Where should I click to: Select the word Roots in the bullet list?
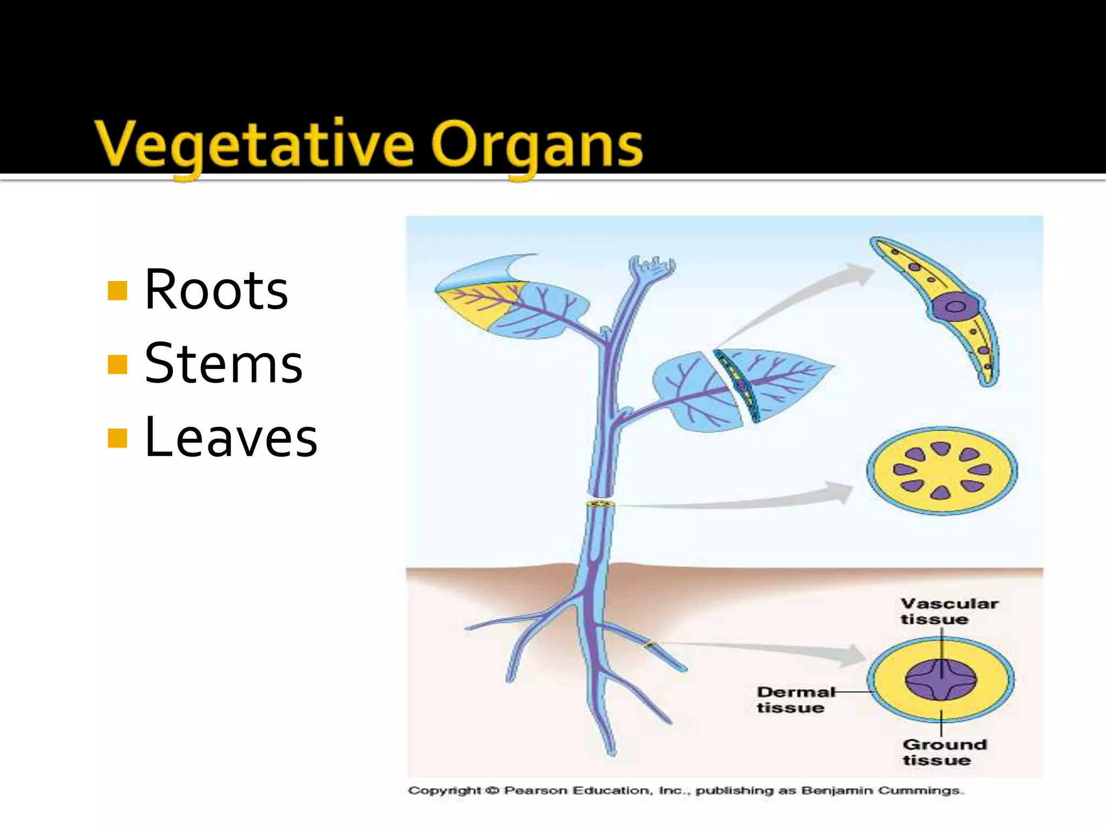tap(216, 290)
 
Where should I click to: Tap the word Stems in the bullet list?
tap(224, 364)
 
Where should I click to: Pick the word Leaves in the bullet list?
tap(231, 437)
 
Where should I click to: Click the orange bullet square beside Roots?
tap(117, 290)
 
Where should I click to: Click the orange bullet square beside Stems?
tap(117, 364)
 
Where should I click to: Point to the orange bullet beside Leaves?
tap(117, 438)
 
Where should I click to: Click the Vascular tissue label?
tap(949, 611)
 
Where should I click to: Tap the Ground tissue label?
tap(944, 752)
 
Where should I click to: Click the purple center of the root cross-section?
tap(941, 679)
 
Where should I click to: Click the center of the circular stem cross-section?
tap(942, 470)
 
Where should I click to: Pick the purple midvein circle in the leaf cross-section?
tap(955, 307)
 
